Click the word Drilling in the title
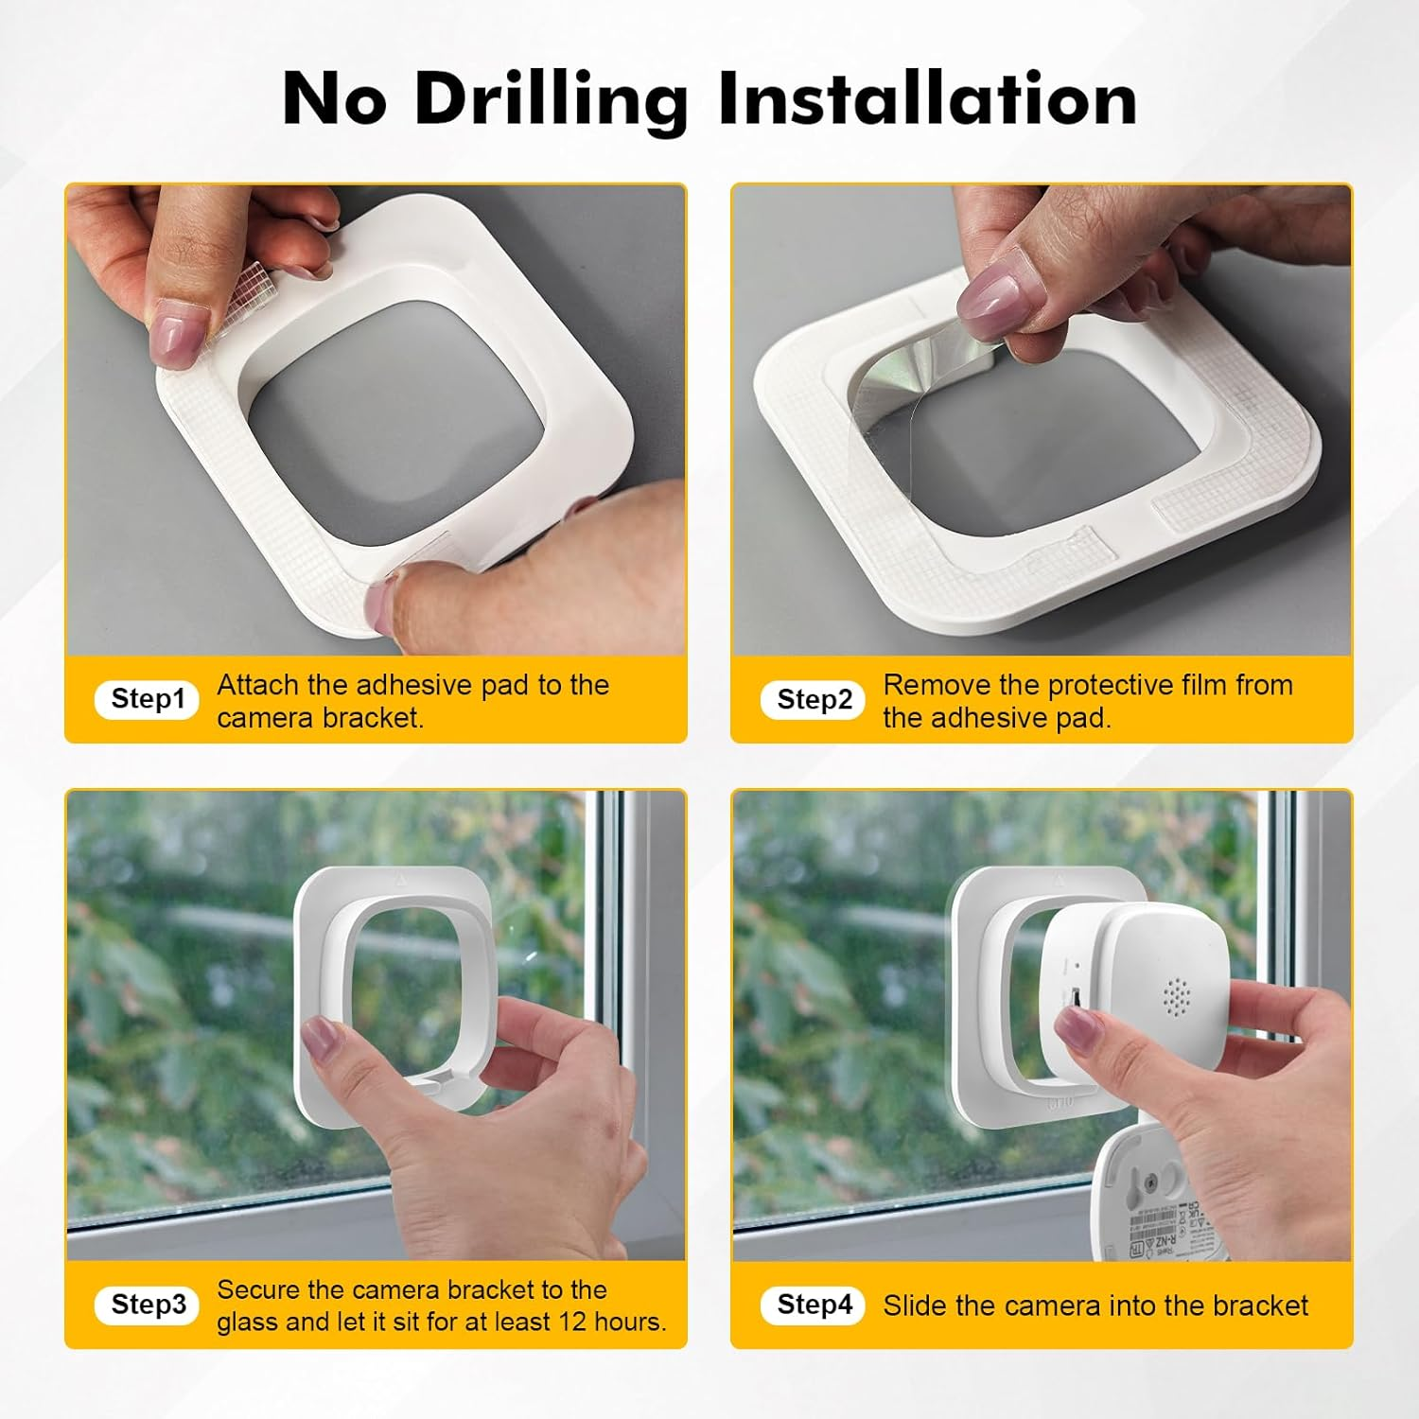[551, 100]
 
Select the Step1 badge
[148, 699]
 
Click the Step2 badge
[814, 700]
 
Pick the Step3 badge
[148, 1305]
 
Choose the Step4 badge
[814, 1305]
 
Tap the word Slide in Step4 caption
[915, 1305]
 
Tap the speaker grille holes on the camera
[1176, 996]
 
